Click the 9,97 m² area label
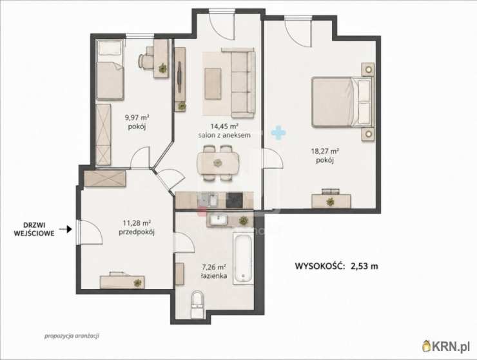pos(137,117)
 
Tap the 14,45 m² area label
pos(224,126)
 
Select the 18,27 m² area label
pos(325,151)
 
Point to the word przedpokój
pos(137,232)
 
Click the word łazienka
pos(214,276)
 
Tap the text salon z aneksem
pos(224,135)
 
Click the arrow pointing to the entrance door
pos(65,229)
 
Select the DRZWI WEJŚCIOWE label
pos(34,229)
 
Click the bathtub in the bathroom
pos(244,258)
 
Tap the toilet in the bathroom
pos(197,304)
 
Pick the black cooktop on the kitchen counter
pos(234,200)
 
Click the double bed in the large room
pos(342,102)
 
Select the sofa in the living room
pos(243,82)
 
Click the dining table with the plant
pos(218,163)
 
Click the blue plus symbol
pos(278,132)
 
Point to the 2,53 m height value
pos(364,266)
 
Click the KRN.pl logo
pos(446,346)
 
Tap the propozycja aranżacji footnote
pos(72,336)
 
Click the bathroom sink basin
pos(218,220)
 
